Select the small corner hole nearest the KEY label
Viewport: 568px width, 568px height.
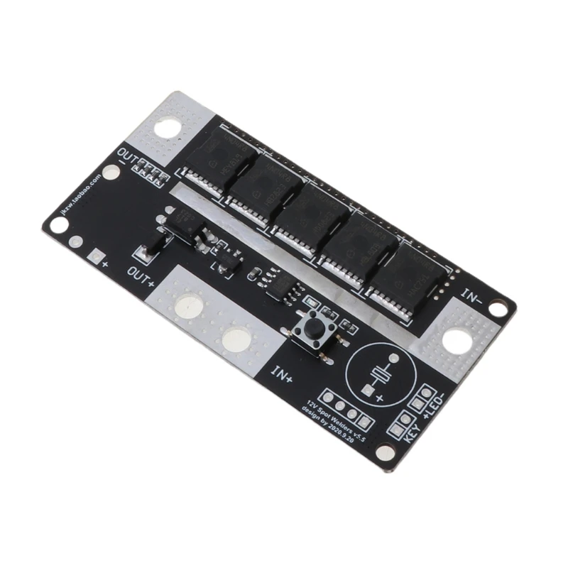[384, 452]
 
